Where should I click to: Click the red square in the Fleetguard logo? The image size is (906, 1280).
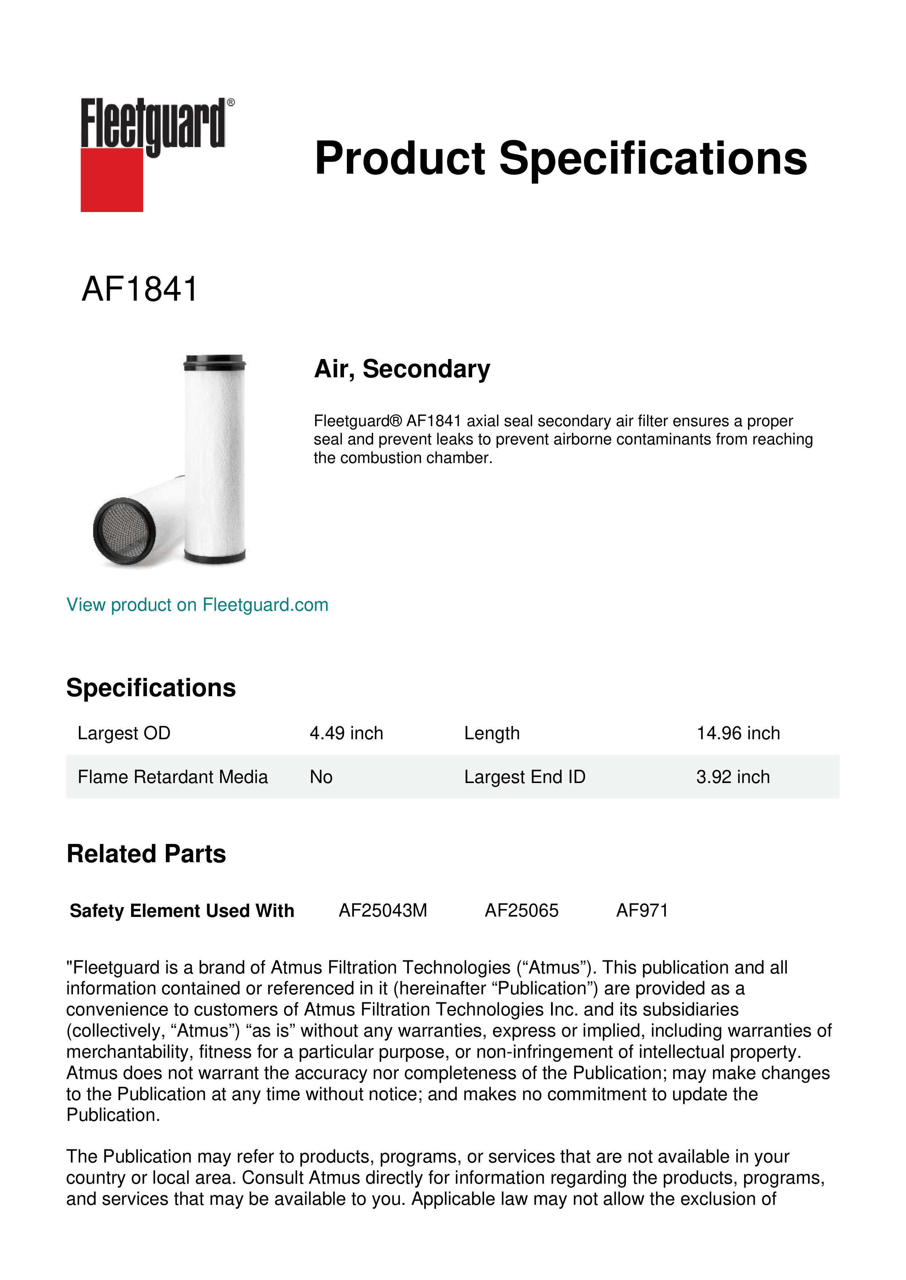[112, 180]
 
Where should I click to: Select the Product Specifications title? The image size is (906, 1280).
[560, 158]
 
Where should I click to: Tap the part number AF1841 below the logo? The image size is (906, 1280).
[139, 289]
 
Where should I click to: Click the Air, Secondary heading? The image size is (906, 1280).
[402, 369]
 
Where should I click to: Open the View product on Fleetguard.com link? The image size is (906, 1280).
[197, 605]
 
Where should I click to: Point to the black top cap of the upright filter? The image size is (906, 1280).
[214, 362]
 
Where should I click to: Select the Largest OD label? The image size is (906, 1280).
[124, 733]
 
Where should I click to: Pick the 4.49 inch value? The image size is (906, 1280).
[346, 733]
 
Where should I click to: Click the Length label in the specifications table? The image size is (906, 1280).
[492, 733]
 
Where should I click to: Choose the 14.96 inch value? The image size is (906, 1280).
[738, 733]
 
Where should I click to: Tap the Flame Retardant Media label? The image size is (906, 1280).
[172, 777]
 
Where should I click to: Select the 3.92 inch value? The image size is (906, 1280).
[733, 777]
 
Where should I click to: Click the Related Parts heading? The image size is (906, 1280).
[146, 854]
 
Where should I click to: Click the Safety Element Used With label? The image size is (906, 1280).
[182, 911]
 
